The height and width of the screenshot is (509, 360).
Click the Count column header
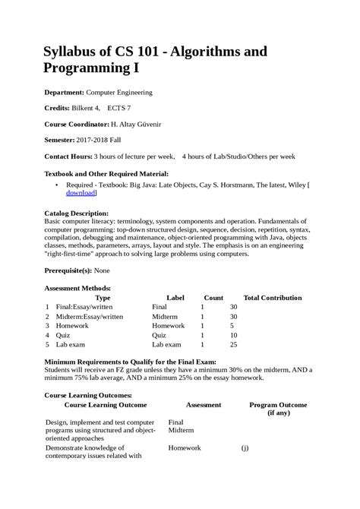[213, 298]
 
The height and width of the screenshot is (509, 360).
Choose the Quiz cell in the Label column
[159, 335]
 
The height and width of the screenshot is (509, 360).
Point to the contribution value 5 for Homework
[232, 325]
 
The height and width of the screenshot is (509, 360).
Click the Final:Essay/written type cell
[88, 306]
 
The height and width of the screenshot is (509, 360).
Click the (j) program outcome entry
[245, 448]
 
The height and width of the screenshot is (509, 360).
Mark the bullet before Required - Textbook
[58, 185]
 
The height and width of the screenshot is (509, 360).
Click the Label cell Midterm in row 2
[165, 316]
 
